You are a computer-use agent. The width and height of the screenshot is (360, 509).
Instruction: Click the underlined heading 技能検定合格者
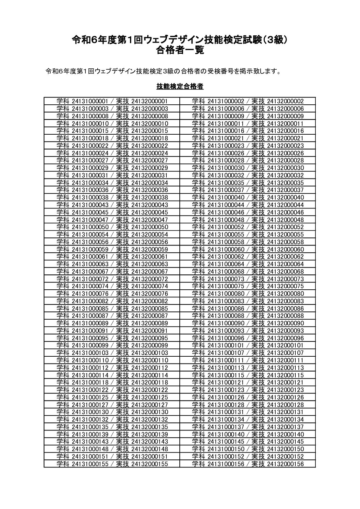pos(180,86)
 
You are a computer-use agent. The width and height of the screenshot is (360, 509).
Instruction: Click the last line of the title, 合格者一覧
pos(180,50)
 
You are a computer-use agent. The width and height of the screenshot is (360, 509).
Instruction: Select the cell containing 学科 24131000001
pos(112,101)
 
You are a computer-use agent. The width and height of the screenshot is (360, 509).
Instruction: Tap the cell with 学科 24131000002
pos(247,101)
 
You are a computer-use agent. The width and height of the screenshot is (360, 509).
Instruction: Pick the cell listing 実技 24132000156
pos(247,464)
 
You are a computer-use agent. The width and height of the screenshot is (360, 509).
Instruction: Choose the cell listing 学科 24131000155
pos(112,464)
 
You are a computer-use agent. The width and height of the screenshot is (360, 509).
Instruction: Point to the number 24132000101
pos(285,345)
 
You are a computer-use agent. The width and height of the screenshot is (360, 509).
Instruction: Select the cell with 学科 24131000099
pos(112,345)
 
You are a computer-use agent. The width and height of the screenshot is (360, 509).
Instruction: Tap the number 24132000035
pos(285,183)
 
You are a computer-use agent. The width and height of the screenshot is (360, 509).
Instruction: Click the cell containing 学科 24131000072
pos(112,279)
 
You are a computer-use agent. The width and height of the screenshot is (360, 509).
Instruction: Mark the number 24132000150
pos(285,449)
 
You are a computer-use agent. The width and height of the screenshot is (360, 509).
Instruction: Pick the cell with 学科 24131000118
pos(112,383)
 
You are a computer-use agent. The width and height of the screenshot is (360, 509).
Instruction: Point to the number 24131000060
pos(226,249)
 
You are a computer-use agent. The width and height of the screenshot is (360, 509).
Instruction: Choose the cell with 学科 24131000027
pos(112,160)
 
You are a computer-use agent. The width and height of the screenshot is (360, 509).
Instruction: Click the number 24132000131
pos(285,412)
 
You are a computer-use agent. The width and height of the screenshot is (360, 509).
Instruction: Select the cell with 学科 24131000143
pos(112,442)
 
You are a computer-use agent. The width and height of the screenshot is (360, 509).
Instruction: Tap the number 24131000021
pos(226,138)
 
